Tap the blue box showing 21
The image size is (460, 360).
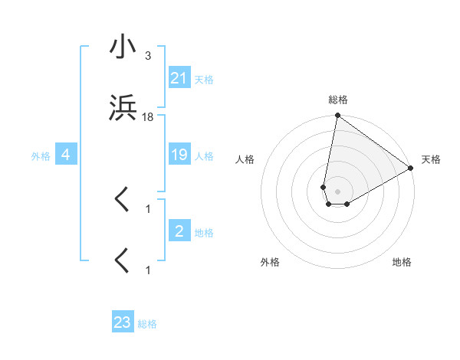(x=179, y=78)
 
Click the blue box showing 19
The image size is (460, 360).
(x=179, y=155)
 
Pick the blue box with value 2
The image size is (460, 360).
(x=179, y=231)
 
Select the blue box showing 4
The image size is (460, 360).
(x=66, y=155)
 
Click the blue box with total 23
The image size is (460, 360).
(x=123, y=322)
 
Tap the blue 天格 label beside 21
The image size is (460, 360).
(x=204, y=79)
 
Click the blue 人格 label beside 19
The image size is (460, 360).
(x=204, y=156)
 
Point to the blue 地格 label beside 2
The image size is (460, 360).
(x=204, y=232)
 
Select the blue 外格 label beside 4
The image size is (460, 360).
(x=41, y=156)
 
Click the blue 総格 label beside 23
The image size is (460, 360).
(x=147, y=324)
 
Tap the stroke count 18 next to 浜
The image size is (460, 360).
(x=148, y=116)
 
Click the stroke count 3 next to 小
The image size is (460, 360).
(x=147, y=56)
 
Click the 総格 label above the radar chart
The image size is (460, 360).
(x=338, y=100)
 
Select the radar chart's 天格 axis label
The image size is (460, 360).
(x=431, y=159)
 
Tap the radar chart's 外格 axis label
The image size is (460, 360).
(x=270, y=262)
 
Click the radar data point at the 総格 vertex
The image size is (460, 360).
(x=337, y=116)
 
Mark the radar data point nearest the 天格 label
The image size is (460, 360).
(x=411, y=169)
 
